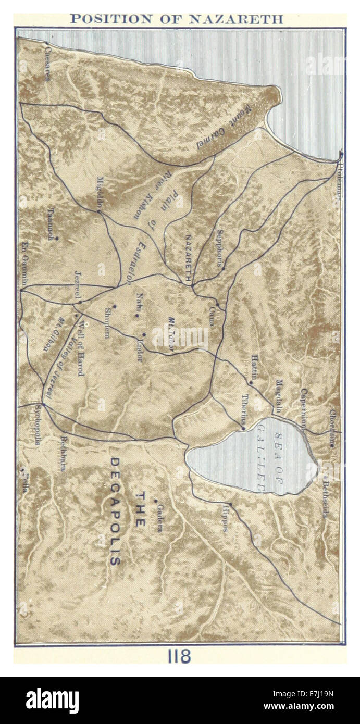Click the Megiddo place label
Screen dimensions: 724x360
point(100,193)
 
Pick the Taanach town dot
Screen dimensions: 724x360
point(57,239)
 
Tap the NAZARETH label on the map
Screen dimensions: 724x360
point(188,255)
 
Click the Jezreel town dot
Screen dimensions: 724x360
point(80,302)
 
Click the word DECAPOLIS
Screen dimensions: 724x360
point(115,510)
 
